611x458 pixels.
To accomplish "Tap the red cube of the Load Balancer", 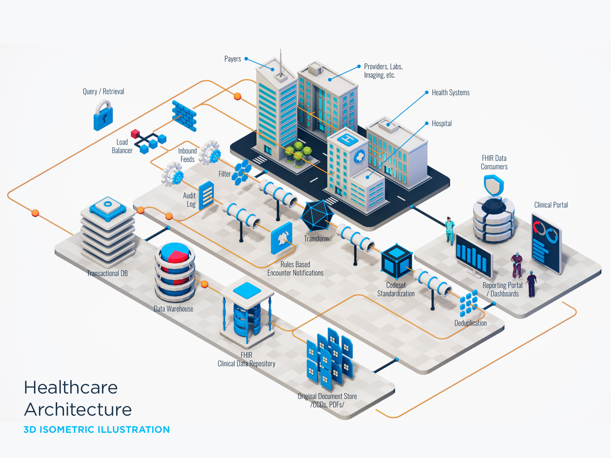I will tap(135, 134).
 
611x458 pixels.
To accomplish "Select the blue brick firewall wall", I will tap(184, 115).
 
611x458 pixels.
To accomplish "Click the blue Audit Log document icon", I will tap(206, 195).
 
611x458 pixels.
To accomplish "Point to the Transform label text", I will tap(316, 239).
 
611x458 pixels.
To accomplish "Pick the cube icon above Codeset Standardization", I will tap(397, 262).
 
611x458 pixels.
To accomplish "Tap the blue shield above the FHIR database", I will tap(493, 185).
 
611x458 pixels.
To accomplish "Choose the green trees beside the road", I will tap(298, 153).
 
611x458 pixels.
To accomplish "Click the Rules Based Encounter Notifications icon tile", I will tap(282, 238).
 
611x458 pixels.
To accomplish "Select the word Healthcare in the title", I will tap(71, 387).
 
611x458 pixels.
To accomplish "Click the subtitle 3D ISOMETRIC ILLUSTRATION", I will tap(97, 430).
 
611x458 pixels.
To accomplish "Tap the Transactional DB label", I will tap(107, 273).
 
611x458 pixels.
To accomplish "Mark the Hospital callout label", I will tap(441, 124).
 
